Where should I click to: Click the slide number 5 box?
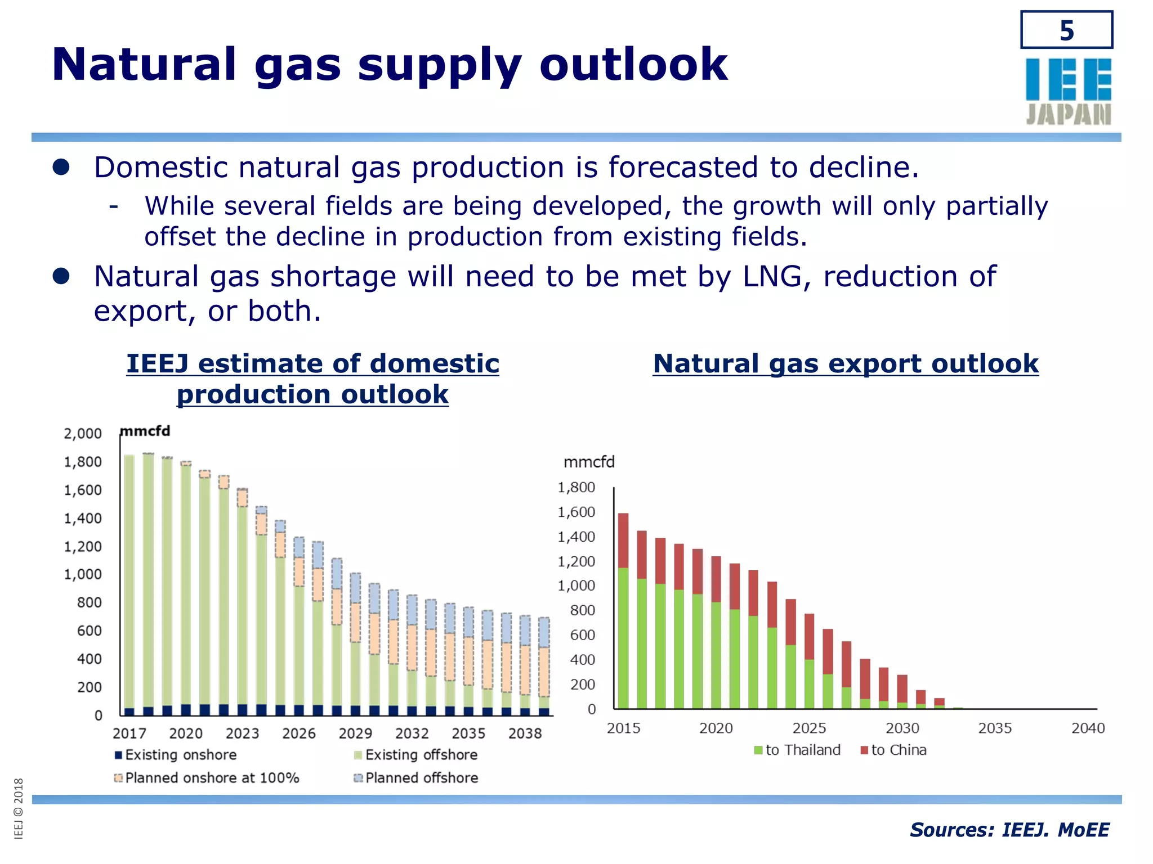(x=1066, y=30)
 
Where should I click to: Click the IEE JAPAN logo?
(x=1068, y=91)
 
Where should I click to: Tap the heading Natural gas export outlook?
(x=846, y=363)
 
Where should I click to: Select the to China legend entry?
(x=893, y=750)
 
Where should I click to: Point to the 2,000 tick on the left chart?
(x=83, y=434)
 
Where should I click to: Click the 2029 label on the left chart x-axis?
(x=355, y=733)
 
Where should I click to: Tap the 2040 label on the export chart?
(x=1088, y=728)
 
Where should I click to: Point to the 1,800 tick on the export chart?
(x=576, y=488)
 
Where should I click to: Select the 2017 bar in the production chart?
(x=129, y=585)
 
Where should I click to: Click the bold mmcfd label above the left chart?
(x=145, y=431)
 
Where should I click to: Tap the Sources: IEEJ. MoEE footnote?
(x=1009, y=830)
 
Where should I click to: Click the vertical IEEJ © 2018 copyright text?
(x=19, y=808)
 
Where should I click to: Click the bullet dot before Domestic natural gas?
(x=61, y=167)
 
